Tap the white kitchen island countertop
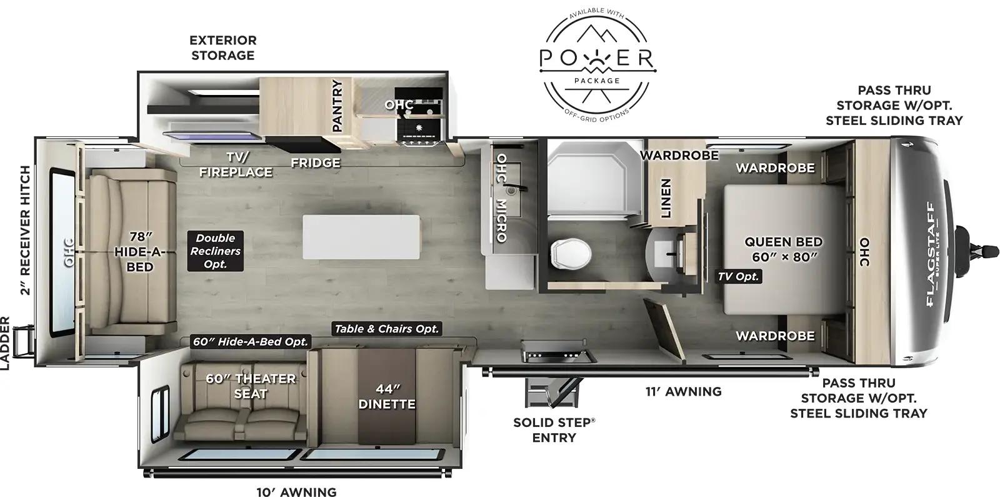click(361, 236)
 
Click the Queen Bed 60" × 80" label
click(783, 249)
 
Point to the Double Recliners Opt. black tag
click(215, 251)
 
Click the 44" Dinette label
click(386, 397)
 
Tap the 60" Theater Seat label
click(250, 386)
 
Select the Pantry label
click(337, 106)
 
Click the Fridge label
click(315, 163)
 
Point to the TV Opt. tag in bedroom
click(738, 276)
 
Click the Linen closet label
click(666, 198)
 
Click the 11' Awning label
click(683, 392)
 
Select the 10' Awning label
click(296, 492)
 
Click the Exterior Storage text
click(223, 48)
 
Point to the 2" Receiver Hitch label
click(25, 229)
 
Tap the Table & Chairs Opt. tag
click(386, 329)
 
